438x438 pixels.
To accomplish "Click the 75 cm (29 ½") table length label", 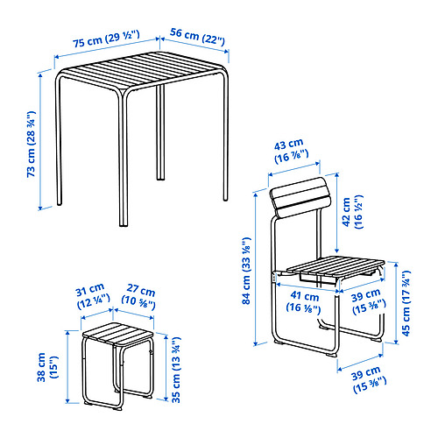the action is coord(106,39).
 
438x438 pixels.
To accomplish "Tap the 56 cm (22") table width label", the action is coord(198,37).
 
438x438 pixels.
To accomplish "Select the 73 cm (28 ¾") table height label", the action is coord(31,144).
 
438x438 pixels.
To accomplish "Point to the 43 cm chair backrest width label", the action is coord(291,151).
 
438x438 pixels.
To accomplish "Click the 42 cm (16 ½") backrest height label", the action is coord(352,212).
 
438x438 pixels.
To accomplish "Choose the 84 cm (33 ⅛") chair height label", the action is coord(246,271).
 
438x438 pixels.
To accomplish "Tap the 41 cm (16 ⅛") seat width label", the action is coord(304,301).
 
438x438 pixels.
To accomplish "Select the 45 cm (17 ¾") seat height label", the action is coord(406,303).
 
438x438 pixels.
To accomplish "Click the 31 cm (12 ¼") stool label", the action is coord(93,296).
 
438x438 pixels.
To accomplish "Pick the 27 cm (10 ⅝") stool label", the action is coord(138,297).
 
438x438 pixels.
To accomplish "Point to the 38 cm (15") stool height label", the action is coord(47,367).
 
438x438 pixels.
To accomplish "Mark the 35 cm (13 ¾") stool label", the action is coord(176,370).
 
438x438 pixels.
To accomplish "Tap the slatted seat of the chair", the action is coord(336,267).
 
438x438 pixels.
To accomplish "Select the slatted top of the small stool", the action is coord(118,335).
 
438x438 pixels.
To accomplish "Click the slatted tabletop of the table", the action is coord(142,71).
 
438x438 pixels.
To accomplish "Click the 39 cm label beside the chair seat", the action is coord(369,302).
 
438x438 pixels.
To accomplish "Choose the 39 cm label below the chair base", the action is coord(369,380).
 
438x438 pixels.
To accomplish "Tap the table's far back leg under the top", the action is coord(160,132).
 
